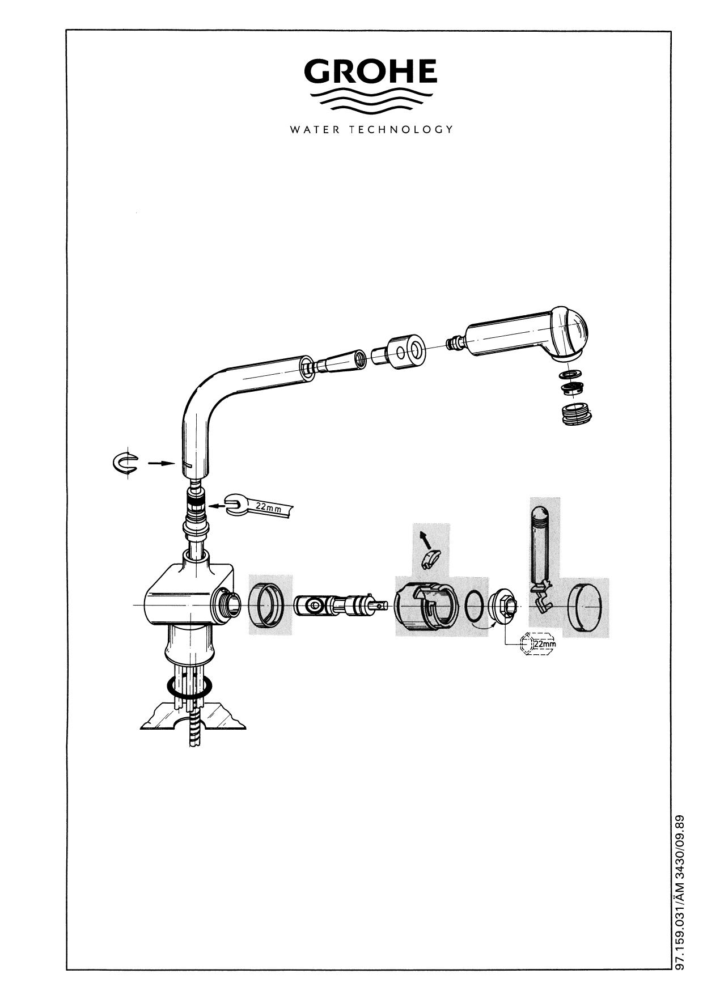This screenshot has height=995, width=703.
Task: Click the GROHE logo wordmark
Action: click(371, 71)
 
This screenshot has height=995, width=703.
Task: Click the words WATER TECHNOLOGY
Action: click(371, 129)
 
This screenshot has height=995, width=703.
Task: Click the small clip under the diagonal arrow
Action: click(432, 559)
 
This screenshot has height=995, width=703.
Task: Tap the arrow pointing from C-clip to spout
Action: click(161, 463)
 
